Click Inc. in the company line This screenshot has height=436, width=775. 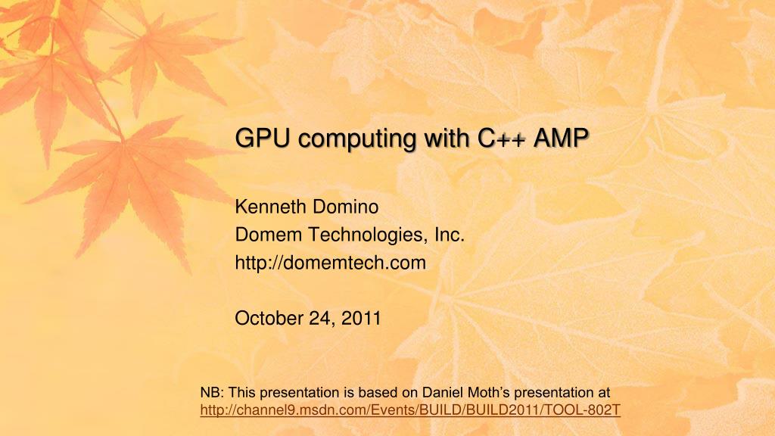point(449,235)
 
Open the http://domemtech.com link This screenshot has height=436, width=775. point(331,263)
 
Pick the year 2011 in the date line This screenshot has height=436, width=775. point(362,319)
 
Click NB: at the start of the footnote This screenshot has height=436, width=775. point(212,392)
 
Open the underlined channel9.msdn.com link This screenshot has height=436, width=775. point(410,410)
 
